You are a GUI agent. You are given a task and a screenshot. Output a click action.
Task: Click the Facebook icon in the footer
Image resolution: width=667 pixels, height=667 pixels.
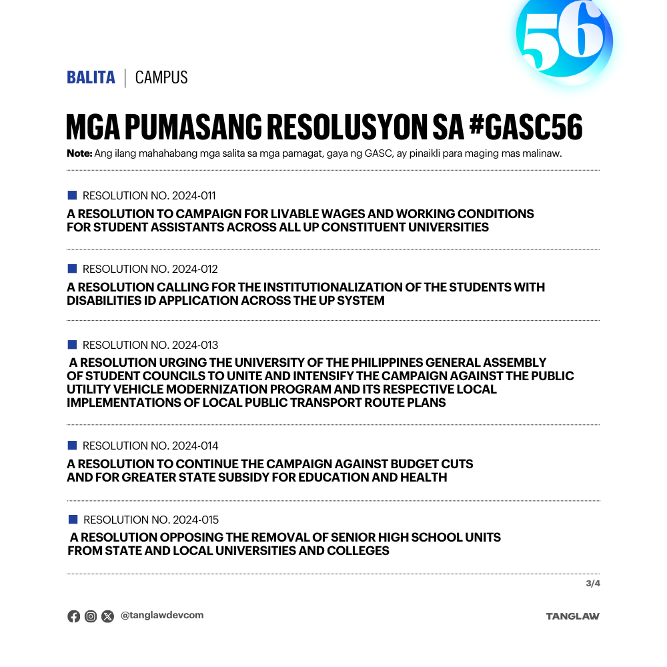coord(73,616)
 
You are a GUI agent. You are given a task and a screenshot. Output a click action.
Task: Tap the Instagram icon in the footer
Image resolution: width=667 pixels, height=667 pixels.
coord(91,616)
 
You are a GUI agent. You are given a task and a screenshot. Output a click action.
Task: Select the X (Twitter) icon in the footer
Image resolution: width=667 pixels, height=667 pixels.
coord(107,616)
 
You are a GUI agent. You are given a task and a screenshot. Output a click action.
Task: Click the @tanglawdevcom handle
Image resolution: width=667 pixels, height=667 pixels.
coord(162,616)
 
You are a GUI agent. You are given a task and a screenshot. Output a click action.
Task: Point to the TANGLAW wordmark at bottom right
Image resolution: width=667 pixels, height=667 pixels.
coord(572,616)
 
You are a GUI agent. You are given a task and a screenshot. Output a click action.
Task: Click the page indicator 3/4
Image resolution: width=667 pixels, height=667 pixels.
coord(593,584)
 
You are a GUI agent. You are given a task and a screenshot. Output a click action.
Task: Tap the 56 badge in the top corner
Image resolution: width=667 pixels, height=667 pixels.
coord(563,39)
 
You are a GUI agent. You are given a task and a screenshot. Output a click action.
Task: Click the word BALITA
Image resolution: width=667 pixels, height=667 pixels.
coord(91,77)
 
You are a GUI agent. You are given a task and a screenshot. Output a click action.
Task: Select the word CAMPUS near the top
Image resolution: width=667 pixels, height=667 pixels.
coord(161,77)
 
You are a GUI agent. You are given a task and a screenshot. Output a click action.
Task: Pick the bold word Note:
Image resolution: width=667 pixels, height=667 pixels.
coord(79,153)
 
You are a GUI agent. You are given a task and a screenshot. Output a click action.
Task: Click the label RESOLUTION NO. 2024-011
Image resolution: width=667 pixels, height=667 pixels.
coord(149,196)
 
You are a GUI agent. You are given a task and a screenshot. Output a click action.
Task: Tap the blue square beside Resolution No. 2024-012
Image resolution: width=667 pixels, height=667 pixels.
coord(72,269)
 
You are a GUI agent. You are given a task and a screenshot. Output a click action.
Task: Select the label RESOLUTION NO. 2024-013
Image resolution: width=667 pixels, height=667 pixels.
coord(150,345)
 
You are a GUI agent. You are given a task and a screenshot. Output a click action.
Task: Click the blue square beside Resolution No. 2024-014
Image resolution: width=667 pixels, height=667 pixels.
coord(72,446)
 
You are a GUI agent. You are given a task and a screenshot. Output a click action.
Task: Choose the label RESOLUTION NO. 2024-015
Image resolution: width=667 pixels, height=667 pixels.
coord(151,520)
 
